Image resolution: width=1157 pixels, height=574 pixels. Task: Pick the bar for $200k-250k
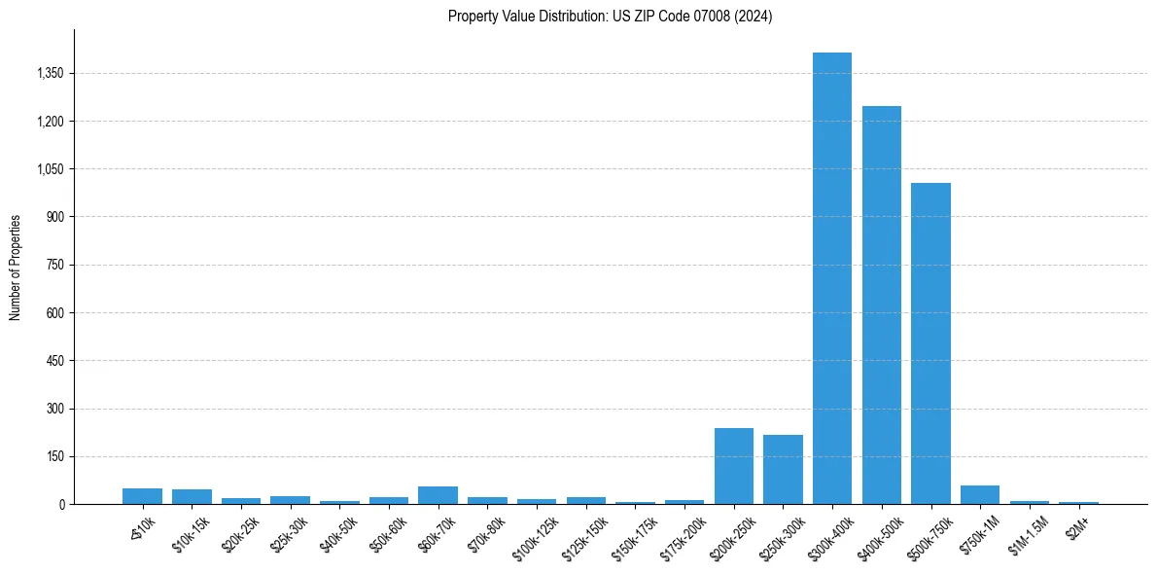click(733, 466)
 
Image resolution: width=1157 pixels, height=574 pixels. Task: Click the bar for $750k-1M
click(980, 494)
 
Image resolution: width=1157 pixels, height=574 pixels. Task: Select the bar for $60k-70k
click(438, 495)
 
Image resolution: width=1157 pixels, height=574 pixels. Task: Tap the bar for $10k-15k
click(192, 496)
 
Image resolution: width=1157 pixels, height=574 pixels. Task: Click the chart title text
click(610, 17)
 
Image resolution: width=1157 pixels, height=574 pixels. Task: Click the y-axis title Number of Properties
click(16, 268)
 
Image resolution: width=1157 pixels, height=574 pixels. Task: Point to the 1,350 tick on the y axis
click(49, 73)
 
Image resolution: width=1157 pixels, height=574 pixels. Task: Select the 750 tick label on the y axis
click(54, 265)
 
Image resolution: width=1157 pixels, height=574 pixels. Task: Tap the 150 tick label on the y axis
click(54, 456)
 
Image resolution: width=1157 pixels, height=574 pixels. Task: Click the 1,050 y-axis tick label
click(49, 169)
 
